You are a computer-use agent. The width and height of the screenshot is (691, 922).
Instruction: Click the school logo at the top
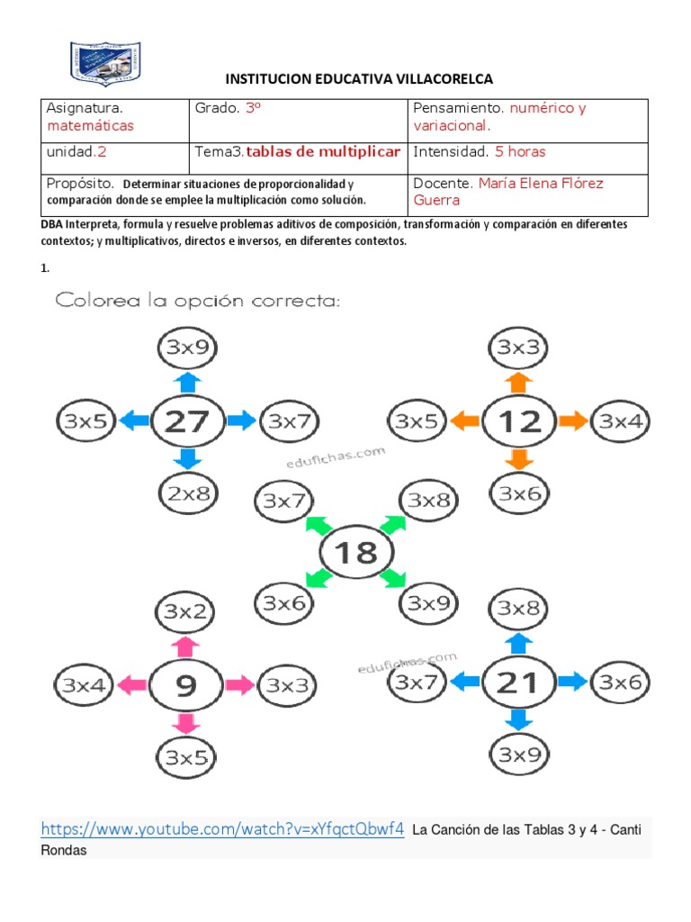coord(105,63)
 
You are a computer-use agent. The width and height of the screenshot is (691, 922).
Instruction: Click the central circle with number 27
coord(188,420)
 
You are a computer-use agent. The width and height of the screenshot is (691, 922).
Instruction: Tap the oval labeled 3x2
coord(185,612)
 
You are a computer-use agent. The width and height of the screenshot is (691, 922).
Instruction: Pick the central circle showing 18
coord(356,552)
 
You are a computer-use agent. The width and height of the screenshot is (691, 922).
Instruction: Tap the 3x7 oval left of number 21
coord(417,683)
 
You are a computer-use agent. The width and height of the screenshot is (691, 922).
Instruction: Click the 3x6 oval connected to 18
coord(285,603)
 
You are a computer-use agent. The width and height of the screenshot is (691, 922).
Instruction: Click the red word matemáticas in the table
coord(90,126)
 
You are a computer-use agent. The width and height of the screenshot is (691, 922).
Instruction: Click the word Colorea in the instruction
coord(97,300)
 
